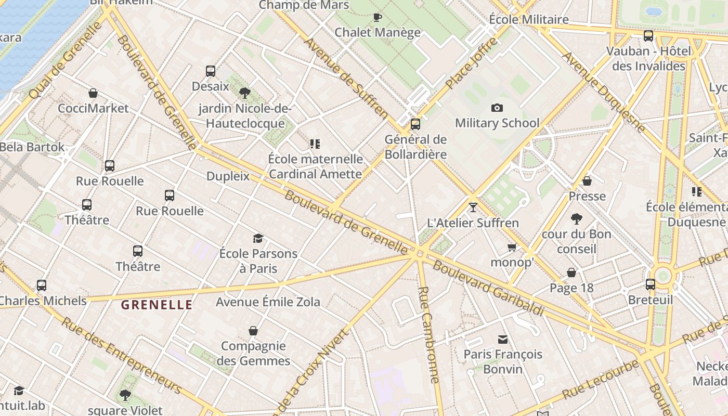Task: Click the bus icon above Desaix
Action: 211,71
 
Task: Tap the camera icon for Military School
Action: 497,108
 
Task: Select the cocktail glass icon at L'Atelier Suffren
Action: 473,207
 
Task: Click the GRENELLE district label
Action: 157,305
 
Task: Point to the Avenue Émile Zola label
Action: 268,302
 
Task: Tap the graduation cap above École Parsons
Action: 258,239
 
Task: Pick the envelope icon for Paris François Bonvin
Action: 503,340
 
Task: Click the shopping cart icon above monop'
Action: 512,248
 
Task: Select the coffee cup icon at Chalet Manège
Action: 378,17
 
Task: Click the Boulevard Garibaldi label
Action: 488,288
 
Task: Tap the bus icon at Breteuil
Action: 651,284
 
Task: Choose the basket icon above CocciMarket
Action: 93,93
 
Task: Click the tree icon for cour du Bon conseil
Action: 576,219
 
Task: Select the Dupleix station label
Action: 228,176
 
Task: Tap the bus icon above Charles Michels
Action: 42,285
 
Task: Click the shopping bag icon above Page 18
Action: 571,272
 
